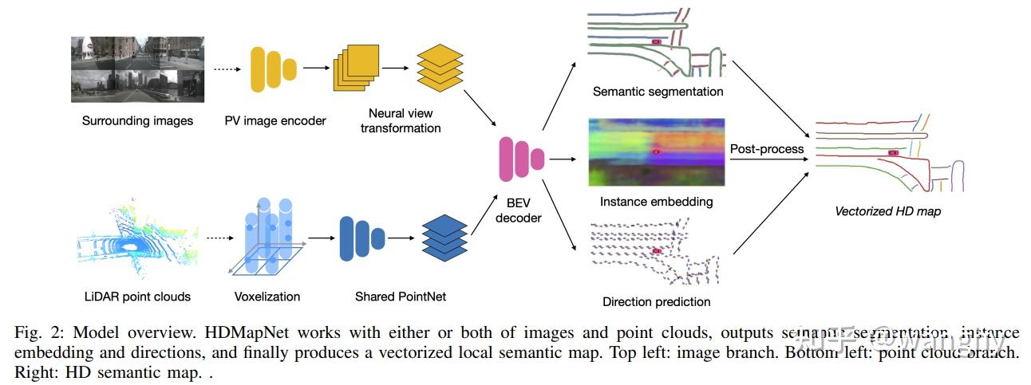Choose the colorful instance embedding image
click(656, 151)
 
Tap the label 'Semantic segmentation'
click(658, 92)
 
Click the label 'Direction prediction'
click(656, 301)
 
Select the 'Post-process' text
click(767, 149)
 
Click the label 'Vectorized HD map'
click(887, 211)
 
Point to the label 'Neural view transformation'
click(401, 120)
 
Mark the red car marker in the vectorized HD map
click(893, 152)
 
